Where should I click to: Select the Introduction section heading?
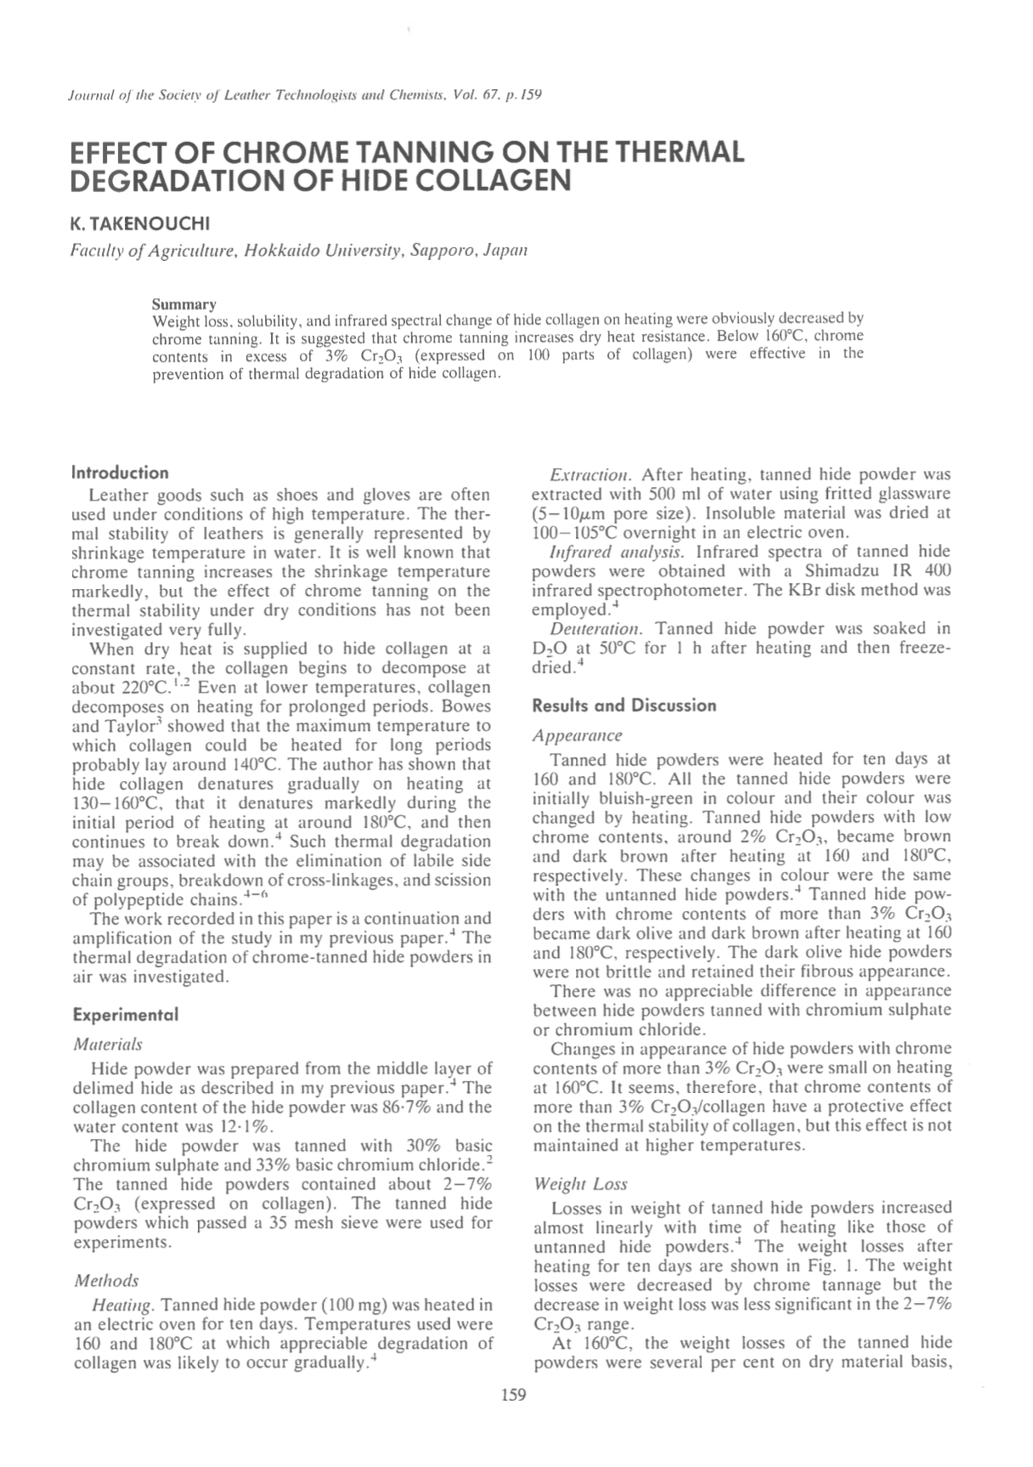(120, 473)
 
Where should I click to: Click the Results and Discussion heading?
(624, 705)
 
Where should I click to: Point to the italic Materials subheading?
(108, 1044)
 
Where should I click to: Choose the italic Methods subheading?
(106, 1280)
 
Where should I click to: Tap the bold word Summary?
(183, 303)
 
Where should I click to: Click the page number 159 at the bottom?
(514, 1394)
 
